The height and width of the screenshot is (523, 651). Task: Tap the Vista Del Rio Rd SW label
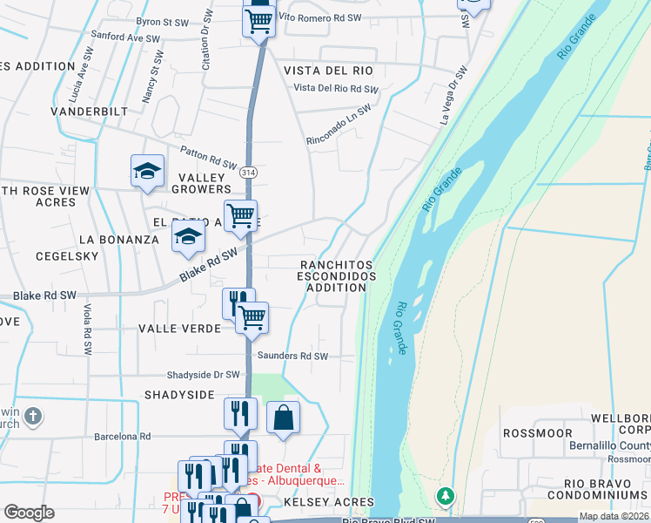point(336,89)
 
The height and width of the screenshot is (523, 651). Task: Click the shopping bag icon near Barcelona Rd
point(283,418)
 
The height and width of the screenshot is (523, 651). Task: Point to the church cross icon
point(33,415)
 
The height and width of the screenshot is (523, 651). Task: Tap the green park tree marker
point(446,495)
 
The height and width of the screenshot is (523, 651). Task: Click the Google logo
point(29,513)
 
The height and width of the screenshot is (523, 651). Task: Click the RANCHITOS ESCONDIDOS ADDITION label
point(337,275)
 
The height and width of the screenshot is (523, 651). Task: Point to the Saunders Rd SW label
point(292,356)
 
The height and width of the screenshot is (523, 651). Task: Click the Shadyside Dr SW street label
point(203,375)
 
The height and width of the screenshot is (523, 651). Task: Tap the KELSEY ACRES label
point(328,502)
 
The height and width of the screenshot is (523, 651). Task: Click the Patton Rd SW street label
point(208,157)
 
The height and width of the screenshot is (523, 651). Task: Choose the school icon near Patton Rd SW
point(147,170)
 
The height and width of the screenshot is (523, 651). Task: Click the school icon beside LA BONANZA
point(188,235)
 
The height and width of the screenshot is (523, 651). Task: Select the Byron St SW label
point(163,21)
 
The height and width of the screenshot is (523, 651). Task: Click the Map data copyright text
point(614,516)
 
